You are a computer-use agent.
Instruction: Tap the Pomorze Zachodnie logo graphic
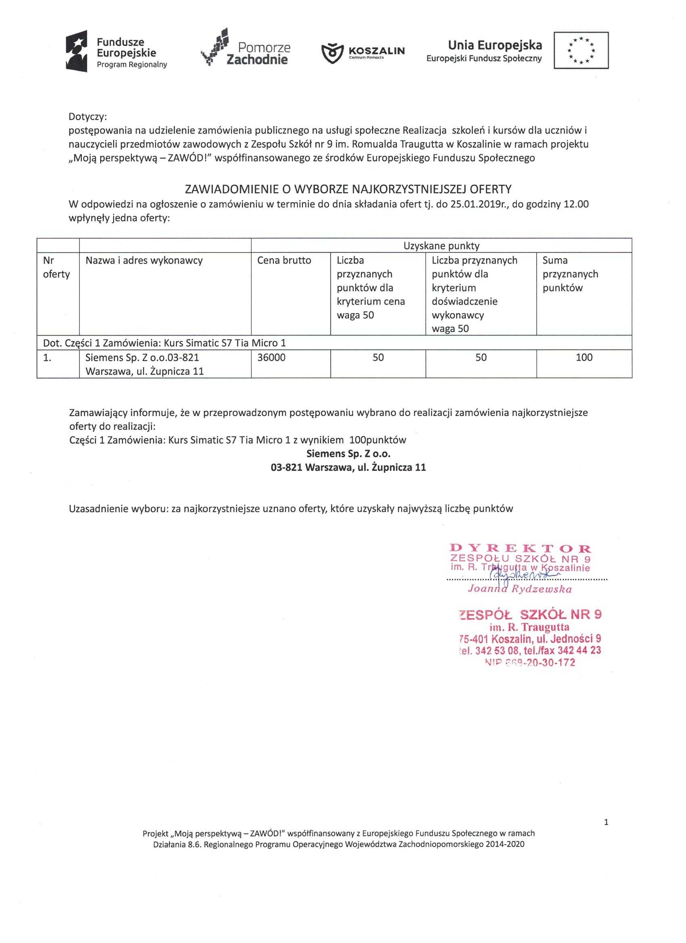pyautogui.click(x=215, y=46)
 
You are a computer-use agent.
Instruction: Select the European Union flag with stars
pyautogui.click(x=581, y=50)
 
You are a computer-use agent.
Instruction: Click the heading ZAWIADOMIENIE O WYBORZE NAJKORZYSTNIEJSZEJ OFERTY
pyautogui.click(x=348, y=189)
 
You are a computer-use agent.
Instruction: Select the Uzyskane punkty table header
pyautogui.click(x=441, y=246)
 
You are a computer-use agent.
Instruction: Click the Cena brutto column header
pyautogui.click(x=284, y=260)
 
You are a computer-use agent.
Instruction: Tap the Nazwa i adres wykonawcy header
pyautogui.click(x=144, y=260)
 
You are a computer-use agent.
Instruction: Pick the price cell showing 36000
pyautogui.click(x=271, y=357)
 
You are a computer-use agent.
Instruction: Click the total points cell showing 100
pyautogui.click(x=584, y=357)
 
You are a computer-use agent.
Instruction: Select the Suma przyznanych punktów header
pyautogui.click(x=570, y=274)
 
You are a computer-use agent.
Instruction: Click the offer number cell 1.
pyautogui.click(x=48, y=357)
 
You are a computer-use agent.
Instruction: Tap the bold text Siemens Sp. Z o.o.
pyautogui.click(x=348, y=453)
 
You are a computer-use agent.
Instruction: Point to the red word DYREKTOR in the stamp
pyautogui.click(x=521, y=549)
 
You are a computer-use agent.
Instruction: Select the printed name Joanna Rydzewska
pyautogui.click(x=520, y=589)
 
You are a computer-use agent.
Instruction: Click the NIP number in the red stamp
pyautogui.click(x=530, y=663)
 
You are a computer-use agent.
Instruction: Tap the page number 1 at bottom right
pyautogui.click(x=606, y=822)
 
